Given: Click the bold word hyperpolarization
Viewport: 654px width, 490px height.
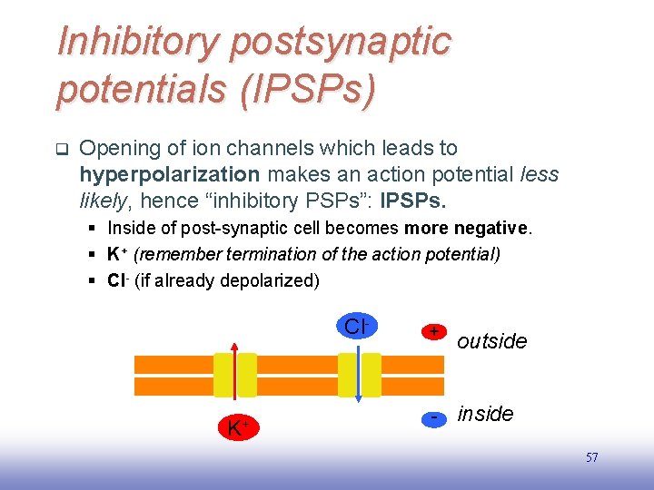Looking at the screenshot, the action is click(x=170, y=173).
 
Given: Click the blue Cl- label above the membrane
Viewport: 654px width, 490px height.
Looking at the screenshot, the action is click(x=355, y=326).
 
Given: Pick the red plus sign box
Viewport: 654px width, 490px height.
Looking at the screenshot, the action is click(x=435, y=332).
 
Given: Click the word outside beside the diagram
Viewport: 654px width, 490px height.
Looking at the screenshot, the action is click(x=492, y=341).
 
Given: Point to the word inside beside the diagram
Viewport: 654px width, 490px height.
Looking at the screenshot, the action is click(x=486, y=414).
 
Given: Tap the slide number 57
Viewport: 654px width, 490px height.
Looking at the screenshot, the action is click(x=591, y=458).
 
